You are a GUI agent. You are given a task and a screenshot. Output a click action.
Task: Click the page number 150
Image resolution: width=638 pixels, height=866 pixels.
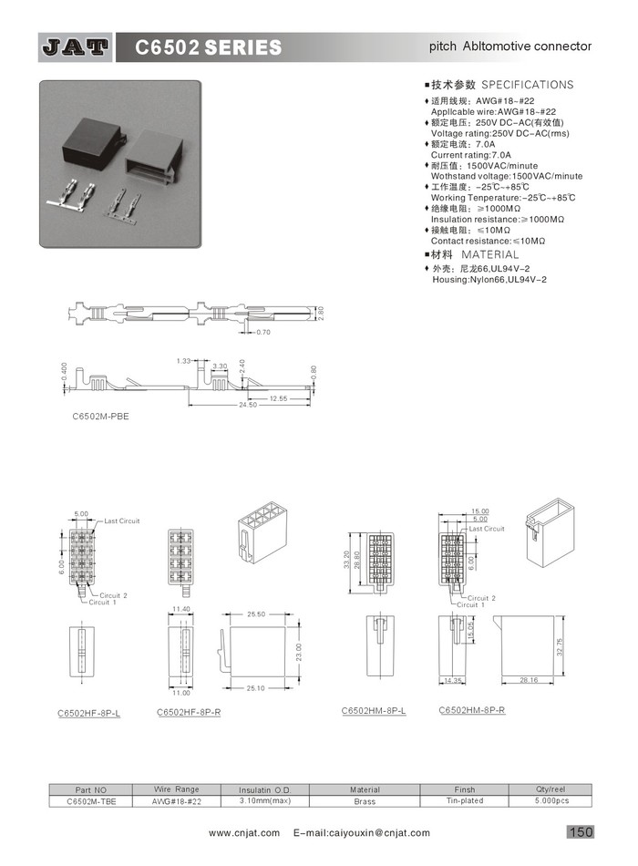[x=581, y=831]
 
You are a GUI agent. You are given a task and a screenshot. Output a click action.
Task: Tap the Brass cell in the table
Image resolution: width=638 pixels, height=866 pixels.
[x=365, y=801]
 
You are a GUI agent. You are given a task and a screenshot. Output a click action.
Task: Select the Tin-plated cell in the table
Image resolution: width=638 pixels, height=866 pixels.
[x=465, y=800]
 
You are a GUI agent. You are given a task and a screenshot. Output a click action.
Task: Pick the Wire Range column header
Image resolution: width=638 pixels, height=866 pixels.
[x=176, y=789]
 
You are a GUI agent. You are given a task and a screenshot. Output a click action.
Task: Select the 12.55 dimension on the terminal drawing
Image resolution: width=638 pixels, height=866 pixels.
[x=277, y=398]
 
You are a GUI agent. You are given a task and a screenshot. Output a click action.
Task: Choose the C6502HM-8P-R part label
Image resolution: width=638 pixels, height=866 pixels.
[x=471, y=710]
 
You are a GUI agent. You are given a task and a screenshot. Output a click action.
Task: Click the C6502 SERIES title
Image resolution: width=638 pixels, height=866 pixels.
[x=209, y=47]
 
